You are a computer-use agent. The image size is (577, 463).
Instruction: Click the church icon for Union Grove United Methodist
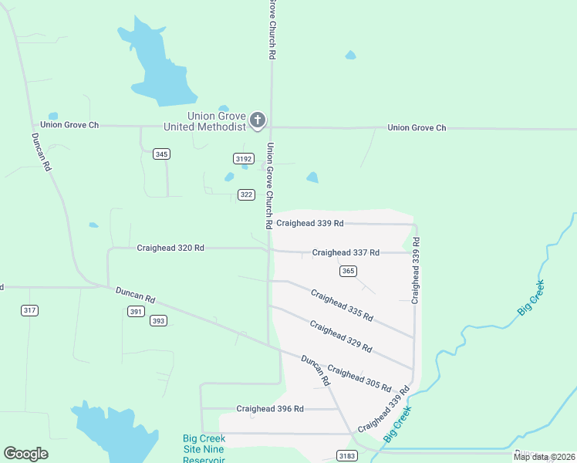(258, 120)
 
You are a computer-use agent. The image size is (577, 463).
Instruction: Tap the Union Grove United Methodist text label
(204, 120)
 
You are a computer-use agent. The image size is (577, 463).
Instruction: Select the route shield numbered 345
(161, 154)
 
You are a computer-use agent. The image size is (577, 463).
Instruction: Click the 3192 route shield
(244, 158)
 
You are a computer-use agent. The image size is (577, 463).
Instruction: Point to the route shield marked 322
(246, 194)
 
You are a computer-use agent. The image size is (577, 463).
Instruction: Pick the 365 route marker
(347, 270)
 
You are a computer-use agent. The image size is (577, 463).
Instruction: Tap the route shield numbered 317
(29, 310)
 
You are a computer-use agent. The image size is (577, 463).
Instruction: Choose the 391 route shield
(136, 311)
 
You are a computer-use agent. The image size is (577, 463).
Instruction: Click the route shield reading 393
(158, 320)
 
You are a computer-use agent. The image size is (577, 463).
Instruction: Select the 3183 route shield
(347, 457)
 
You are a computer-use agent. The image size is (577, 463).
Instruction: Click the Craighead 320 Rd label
(170, 248)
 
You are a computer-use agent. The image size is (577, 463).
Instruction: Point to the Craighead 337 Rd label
(346, 252)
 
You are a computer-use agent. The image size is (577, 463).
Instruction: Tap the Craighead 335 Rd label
(342, 305)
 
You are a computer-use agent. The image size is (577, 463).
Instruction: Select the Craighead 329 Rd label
(341, 336)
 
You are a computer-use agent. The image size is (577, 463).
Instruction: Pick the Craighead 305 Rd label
(359, 377)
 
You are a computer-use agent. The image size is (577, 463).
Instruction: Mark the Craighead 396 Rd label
(270, 408)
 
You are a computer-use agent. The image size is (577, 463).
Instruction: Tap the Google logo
(25, 454)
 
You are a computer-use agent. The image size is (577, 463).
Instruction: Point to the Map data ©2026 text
(544, 457)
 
